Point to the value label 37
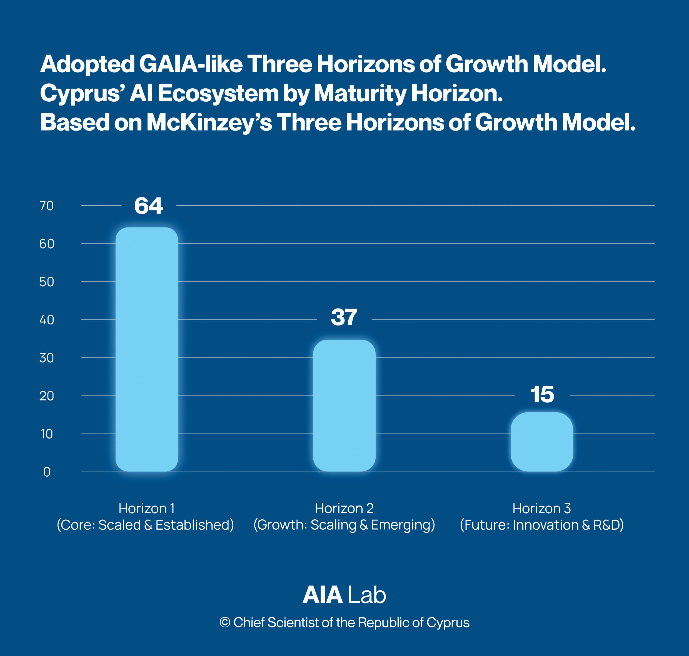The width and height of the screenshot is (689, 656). (x=344, y=317)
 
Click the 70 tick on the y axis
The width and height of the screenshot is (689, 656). (x=46, y=206)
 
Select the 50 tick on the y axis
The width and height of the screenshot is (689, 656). (x=46, y=282)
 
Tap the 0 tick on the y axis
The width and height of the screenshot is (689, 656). (x=46, y=472)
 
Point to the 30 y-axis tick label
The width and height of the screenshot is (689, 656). (x=46, y=358)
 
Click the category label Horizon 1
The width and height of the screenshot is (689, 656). (x=146, y=509)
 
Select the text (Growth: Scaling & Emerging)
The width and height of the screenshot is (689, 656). (x=344, y=525)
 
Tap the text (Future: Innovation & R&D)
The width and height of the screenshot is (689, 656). (x=542, y=525)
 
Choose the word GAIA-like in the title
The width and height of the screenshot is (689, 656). (x=191, y=64)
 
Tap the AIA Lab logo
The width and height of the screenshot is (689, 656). (x=344, y=595)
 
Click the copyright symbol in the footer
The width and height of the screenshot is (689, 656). (x=224, y=622)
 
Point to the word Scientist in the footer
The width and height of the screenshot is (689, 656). (x=293, y=622)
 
